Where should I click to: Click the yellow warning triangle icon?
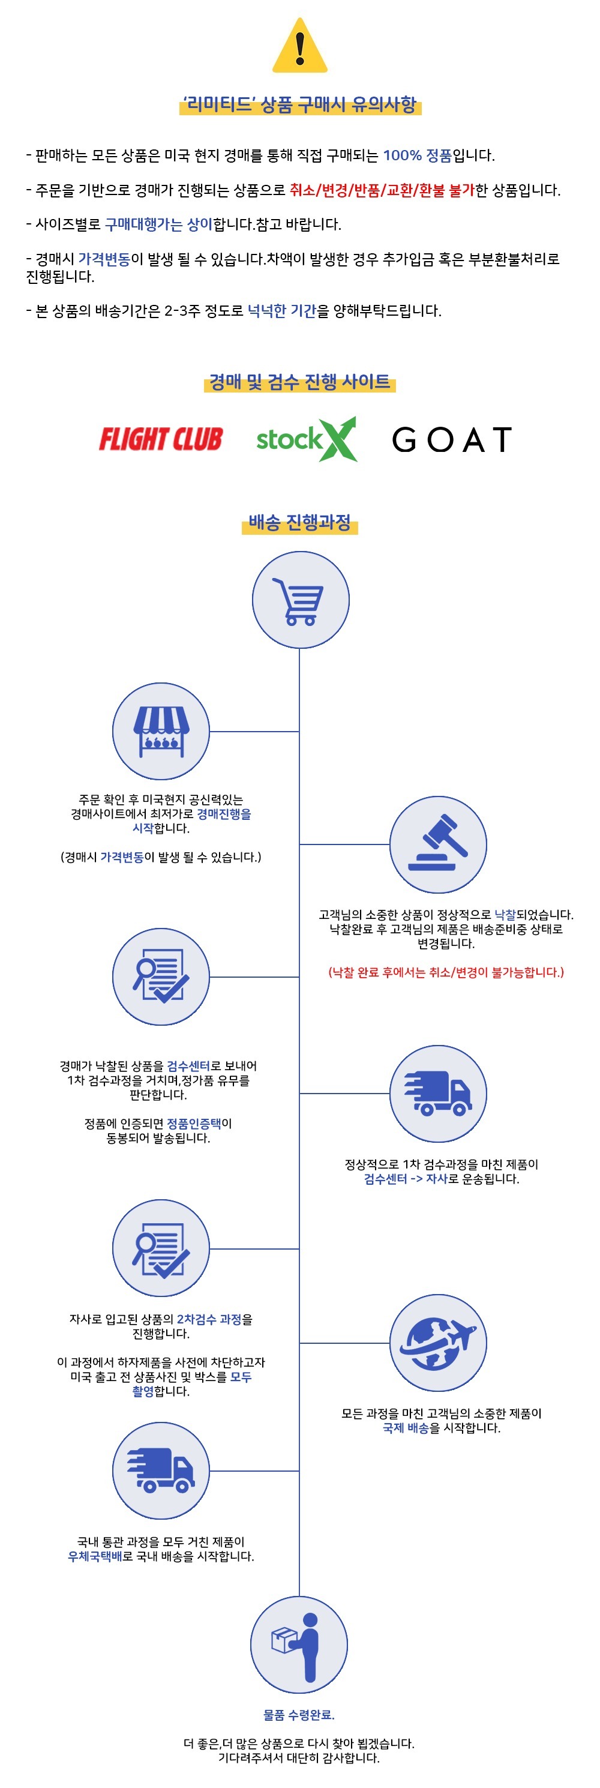tap(299, 47)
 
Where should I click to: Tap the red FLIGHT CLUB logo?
tap(160, 439)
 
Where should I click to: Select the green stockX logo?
tap(306, 439)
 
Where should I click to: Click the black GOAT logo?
tap(452, 439)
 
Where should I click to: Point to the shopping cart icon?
tap(299, 600)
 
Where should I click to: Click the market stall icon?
tap(161, 731)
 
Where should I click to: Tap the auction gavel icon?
tap(437, 844)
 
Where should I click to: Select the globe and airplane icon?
tap(437, 1343)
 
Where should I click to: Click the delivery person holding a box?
tap(299, 1645)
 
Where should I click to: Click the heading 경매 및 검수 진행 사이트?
tap(299, 382)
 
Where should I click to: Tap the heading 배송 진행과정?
tap(299, 522)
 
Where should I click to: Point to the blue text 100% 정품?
tap(417, 155)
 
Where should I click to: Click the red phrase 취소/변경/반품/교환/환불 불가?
tap(382, 190)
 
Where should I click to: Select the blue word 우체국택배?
tap(94, 1556)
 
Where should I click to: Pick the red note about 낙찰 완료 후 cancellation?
tap(446, 972)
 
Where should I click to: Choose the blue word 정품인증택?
tap(194, 1123)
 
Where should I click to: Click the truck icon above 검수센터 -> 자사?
tap(437, 1093)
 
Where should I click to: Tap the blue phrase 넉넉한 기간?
tap(281, 311)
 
